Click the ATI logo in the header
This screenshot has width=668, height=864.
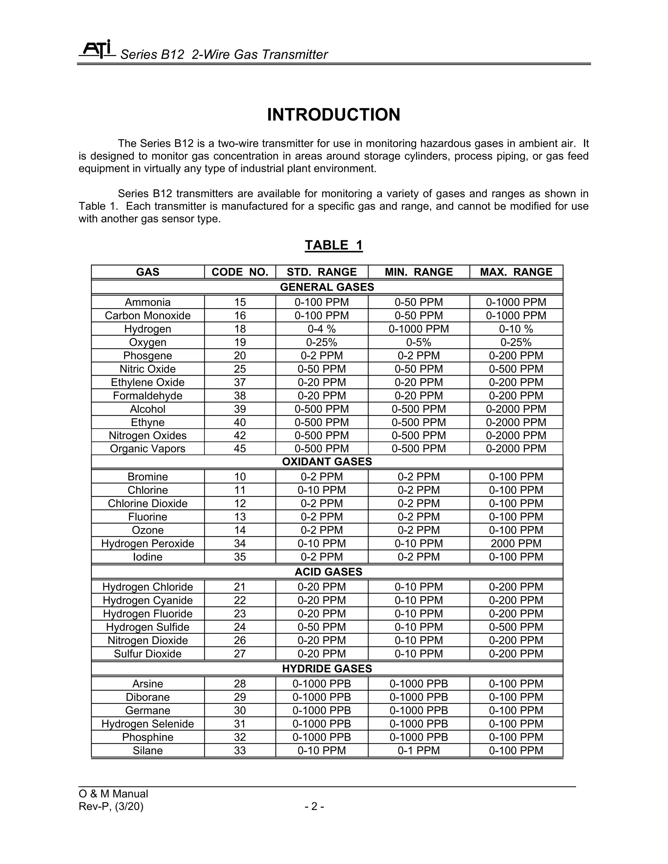(97, 50)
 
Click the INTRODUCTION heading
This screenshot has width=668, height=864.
(334, 115)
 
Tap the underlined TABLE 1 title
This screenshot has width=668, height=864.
(334, 245)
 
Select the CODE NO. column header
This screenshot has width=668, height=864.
(240, 272)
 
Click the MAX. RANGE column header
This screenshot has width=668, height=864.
(516, 272)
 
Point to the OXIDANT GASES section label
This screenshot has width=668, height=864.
(327, 462)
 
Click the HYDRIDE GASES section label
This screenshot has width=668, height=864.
(327, 669)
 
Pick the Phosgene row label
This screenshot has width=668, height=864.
(148, 356)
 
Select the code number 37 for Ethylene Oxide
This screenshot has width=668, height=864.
(240, 382)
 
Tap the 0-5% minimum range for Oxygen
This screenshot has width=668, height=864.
(419, 342)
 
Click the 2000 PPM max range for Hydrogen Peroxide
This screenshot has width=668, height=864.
(516, 544)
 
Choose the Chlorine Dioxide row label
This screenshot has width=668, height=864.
(148, 504)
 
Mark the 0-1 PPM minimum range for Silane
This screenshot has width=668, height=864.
(419, 751)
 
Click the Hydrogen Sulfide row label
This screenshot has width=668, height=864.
(148, 627)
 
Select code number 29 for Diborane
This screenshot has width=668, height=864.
(240, 697)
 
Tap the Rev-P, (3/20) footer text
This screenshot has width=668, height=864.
(111, 806)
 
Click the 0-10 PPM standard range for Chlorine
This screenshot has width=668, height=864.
(322, 490)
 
